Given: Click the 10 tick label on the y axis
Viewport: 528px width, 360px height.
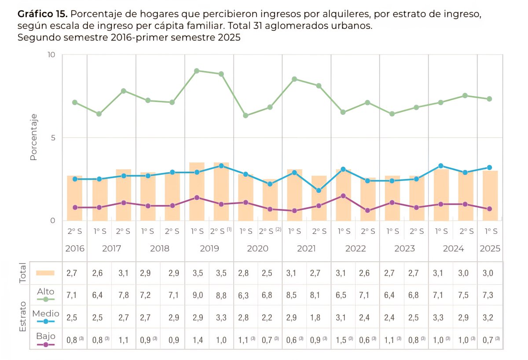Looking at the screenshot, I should coord(51,55).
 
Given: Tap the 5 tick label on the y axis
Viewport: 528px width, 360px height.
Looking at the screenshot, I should coord(53,137).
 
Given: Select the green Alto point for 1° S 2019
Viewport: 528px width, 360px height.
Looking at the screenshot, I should coord(197,71).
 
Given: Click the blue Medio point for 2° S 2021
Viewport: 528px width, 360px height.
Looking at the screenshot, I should coord(319,191).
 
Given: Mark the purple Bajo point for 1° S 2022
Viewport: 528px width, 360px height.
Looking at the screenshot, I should coord(343,196).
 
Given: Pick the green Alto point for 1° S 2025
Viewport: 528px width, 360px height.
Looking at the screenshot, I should coord(489,99).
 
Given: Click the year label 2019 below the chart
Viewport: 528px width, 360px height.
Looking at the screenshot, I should coord(209,249).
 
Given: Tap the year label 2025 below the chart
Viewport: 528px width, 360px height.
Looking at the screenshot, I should coord(490,249).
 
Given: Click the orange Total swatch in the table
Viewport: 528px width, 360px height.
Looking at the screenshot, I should coord(45,273).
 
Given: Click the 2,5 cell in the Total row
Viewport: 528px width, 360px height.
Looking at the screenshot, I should coord(267,273).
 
